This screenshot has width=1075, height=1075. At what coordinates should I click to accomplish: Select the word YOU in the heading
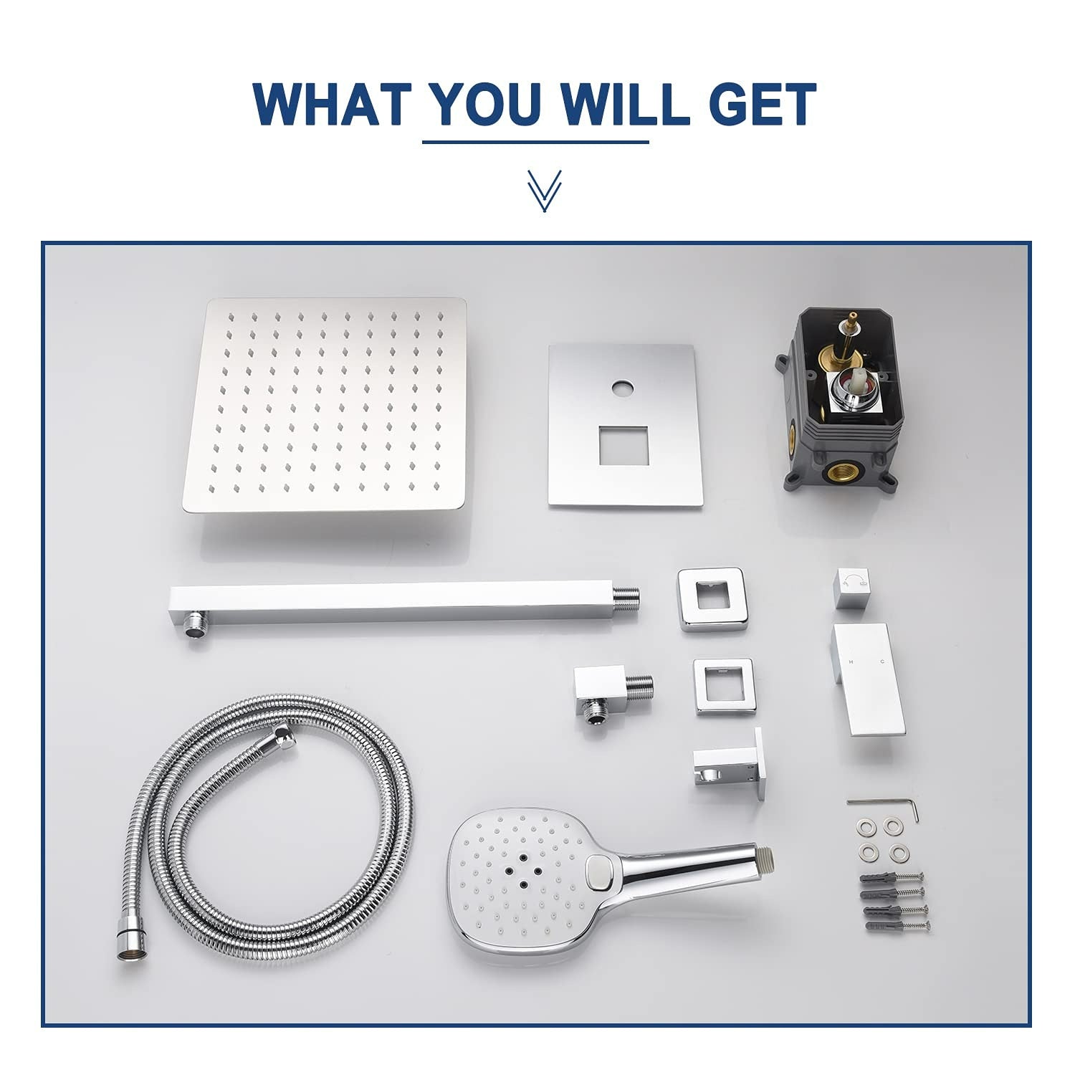coord(487,105)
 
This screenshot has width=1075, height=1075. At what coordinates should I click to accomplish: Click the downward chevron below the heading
coord(543,191)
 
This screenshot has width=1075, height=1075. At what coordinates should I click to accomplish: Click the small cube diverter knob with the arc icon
coord(856,588)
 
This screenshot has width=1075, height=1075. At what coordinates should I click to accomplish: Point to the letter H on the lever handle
coord(851,661)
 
